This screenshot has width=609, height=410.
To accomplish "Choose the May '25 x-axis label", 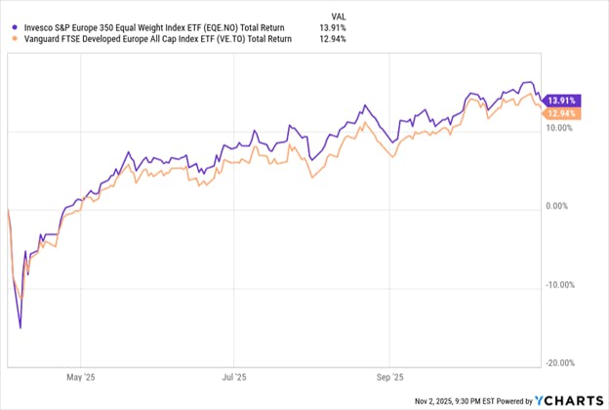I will pyautogui.click(x=78, y=373).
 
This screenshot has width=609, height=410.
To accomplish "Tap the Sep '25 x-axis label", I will pyautogui.click(x=389, y=373).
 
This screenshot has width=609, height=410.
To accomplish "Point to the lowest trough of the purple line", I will pyautogui.click(x=20, y=328).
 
